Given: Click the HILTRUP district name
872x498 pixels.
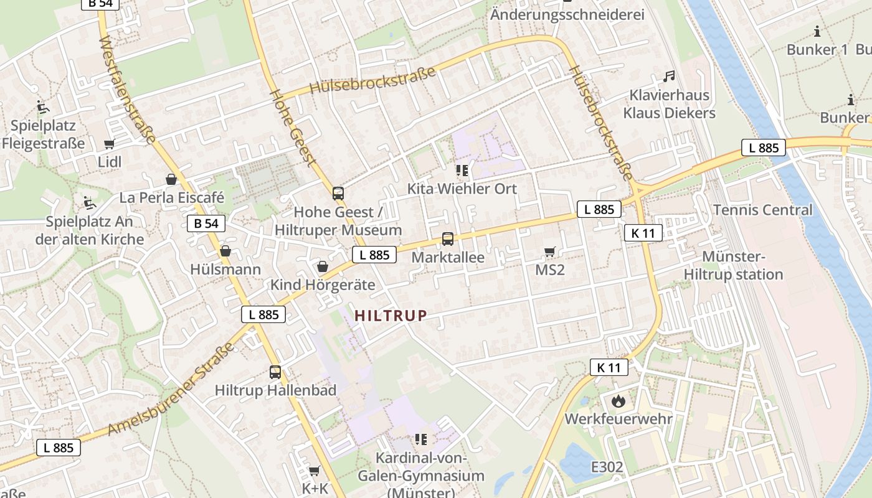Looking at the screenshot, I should [x=391, y=316].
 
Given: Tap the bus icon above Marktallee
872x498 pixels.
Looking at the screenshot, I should [x=447, y=238].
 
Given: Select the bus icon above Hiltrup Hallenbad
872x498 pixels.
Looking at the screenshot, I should [x=275, y=372].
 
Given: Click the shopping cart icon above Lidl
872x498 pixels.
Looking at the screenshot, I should [x=110, y=144].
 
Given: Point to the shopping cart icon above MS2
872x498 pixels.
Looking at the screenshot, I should [x=549, y=251].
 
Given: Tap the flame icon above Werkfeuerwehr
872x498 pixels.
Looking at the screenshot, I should [x=618, y=401].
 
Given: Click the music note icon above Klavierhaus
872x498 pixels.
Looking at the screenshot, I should [x=669, y=77].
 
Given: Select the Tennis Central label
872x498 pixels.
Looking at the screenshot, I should [x=762, y=210].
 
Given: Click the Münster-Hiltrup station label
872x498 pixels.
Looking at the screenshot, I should [x=733, y=266].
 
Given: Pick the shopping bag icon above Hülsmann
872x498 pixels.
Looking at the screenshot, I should [x=225, y=251].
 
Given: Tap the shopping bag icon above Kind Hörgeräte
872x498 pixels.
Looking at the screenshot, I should [x=323, y=266].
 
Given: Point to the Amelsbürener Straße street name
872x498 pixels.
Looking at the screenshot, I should [x=171, y=389].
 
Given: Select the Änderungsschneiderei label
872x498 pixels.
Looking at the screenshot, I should [x=567, y=14].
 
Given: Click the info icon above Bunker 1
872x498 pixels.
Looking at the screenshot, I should [x=817, y=32].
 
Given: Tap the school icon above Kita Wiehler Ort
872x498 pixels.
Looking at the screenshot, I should [x=462, y=171].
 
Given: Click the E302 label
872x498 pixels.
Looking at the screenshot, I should [x=607, y=467].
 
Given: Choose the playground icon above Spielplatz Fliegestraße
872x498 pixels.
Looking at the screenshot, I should [x=42, y=107].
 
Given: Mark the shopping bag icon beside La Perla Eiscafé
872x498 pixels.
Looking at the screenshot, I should [x=171, y=180].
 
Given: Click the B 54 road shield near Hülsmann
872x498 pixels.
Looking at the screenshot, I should [x=206, y=223].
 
